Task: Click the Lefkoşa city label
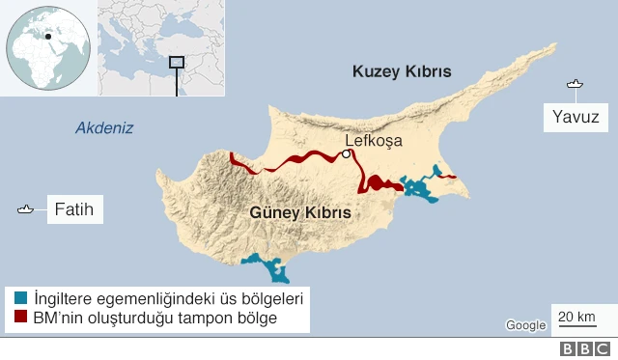click(374, 140)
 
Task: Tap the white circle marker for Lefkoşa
click(346, 152)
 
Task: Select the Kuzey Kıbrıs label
click(402, 71)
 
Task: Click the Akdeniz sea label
click(104, 128)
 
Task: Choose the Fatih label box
click(74, 208)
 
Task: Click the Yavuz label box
click(576, 118)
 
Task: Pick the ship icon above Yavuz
click(576, 85)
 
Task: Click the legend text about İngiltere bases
click(168, 297)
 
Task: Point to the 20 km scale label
click(576, 317)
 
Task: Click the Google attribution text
click(525, 325)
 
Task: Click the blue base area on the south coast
click(267, 264)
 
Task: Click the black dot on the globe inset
click(47, 37)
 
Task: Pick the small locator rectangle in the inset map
click(176, 62)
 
